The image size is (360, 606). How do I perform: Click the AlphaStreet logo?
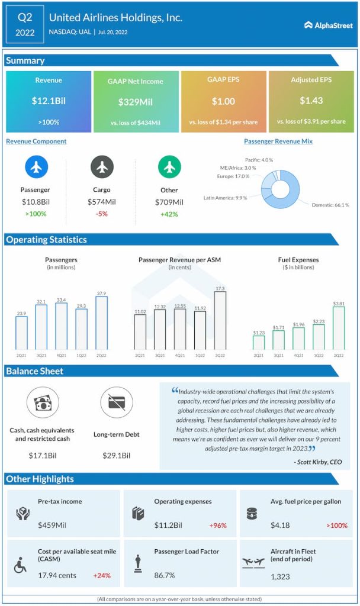(328, 25)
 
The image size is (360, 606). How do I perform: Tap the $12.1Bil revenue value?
(49, 101)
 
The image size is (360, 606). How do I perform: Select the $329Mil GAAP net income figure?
(135, 102)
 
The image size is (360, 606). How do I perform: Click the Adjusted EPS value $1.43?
(311, 101)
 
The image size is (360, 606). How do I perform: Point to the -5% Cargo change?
(102, 214)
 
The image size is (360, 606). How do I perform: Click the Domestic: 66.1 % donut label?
(330, 205)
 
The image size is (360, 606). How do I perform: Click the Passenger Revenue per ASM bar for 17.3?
(220, 320)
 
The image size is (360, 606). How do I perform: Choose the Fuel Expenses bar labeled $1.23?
(259, 343)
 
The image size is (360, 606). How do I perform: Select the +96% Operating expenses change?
(218, 525)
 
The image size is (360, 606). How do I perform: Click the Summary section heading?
(25, 60)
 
